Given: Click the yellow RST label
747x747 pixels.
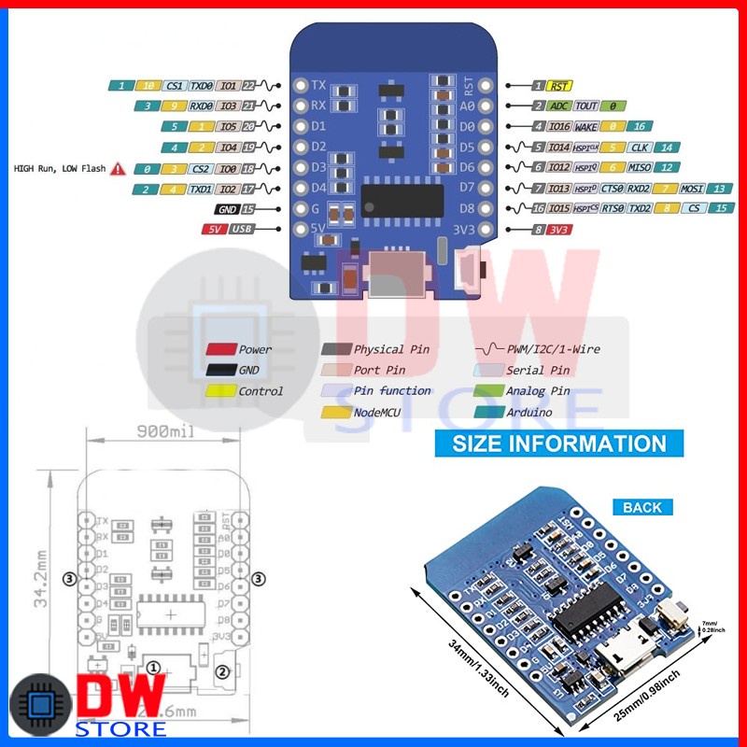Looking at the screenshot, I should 559,86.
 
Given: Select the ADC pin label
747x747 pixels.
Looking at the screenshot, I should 559,106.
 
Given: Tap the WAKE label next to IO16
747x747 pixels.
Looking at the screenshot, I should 585,126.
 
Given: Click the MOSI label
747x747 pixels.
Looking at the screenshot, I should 691,189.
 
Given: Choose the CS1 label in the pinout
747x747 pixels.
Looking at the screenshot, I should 175,86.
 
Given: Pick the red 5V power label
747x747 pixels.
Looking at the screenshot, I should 214,229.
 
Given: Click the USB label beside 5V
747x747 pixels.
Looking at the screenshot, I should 241,229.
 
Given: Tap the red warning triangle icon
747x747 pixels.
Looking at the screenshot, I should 119,169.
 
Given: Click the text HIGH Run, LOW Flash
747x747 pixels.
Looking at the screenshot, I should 60,169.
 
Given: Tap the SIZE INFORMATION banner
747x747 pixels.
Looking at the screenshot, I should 559,444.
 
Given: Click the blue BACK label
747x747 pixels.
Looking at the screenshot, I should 641,507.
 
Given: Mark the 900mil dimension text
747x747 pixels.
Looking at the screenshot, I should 166,432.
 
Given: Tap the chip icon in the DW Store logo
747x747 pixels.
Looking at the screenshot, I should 39,706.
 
